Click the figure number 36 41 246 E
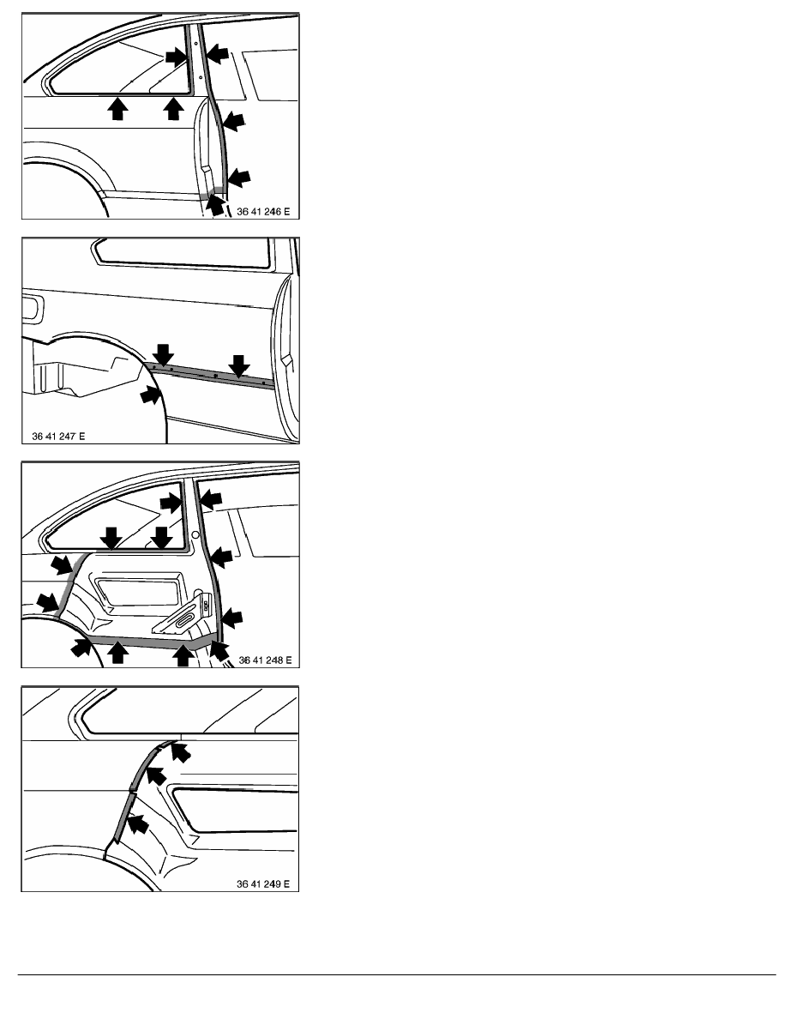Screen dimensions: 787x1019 pyautogui.click(x=263, y=211)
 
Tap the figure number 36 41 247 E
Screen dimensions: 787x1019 pyautogui.click(x=58, y=436)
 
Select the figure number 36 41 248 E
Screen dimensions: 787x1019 pyautogui.click(x=265, y=660)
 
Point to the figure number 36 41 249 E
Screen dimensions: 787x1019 pyautogui.click(x=263, y=883)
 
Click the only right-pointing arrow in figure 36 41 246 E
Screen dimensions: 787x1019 pyautogui.click(x=176, y=57)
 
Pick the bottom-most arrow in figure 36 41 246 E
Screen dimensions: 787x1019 pyautogui.click(x=215, y=205)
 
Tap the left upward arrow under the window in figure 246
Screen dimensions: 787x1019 pyautogui.click(x=117, y=109)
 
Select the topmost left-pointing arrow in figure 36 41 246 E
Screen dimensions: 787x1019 pyautogui.click(x=218, y=53)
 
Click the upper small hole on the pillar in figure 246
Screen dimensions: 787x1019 pyautogui.click(x=196, y=44)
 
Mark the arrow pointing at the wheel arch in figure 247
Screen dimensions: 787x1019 pyautogui.click(x=150, y=394)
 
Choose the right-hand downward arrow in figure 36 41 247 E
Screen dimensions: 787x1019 pyautogui.click(x=239, y=366)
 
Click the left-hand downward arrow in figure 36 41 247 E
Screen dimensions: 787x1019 pyautogui.click(x=164, y=355)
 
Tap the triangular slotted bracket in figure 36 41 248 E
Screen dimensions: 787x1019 pyautogui.click(x=183, y=615)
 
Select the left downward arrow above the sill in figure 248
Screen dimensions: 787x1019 pyautogui.click(x=111, y=538)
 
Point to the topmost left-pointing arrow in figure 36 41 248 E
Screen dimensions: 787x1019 pyautogui.click(x=211, y=499)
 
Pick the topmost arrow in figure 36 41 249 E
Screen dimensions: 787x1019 pyautogui.click(x=183, y=752)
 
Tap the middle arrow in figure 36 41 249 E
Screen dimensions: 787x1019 pyautogui.click(x=156, y=775)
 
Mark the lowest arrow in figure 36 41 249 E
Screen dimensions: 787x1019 pyautogui.click(x=138, y=824)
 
